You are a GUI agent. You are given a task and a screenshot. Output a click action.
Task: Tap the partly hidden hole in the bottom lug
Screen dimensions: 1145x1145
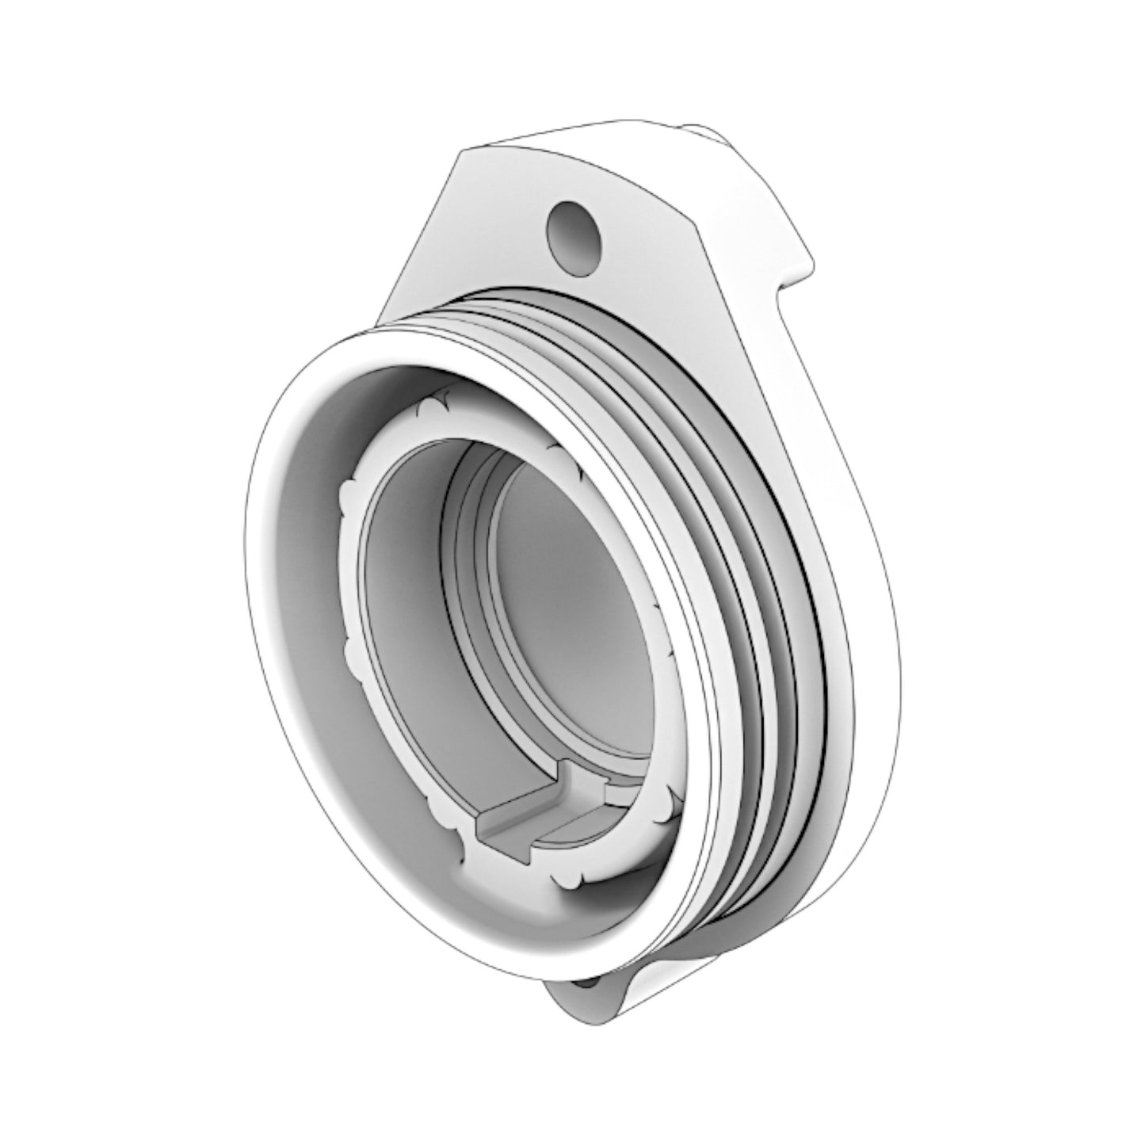point(586,983)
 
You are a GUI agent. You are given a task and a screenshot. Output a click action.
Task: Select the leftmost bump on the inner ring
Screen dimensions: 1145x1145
point(346,499)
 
